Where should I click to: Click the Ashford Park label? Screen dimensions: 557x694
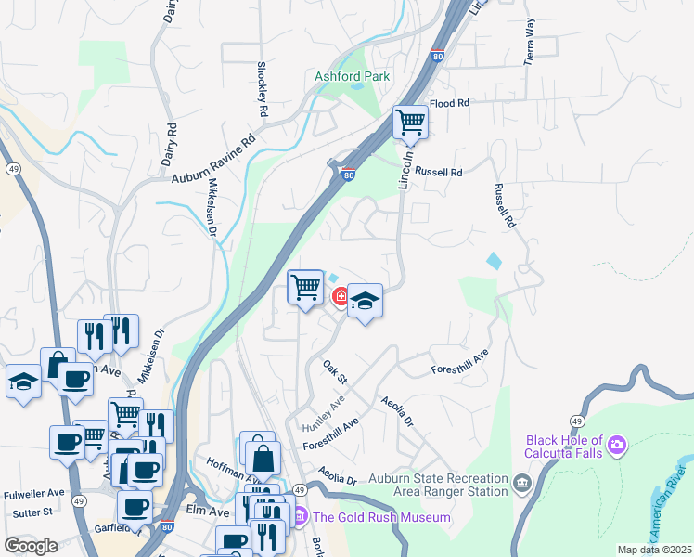click(352, 76)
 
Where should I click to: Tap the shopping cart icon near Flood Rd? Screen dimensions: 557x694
click(409, 122)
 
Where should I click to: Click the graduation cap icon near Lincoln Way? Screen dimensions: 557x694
click(366, 301)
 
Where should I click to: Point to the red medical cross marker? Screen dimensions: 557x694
click(341, 297)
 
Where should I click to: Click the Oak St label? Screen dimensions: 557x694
click(334, 372)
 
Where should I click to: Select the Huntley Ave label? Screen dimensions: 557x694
click(323, 411)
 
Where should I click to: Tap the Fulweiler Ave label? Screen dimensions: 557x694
click(33, 493)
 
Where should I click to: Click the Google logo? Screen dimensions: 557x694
click(31, 545)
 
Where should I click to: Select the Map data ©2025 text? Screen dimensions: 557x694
click(654, 550)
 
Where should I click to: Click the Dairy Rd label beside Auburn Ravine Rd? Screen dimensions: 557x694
click(168, 144)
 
